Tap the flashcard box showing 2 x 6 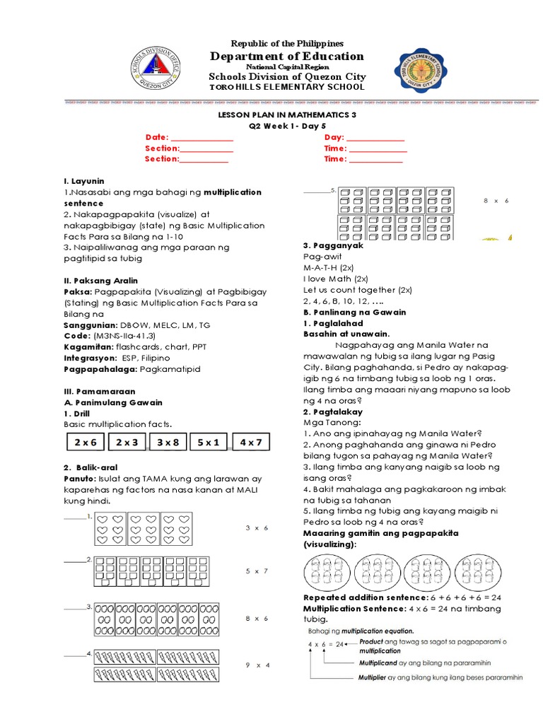(x=84, y=442)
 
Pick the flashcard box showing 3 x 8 (x=169, y=442)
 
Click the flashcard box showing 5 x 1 (x=210, y=442)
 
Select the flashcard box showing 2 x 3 (x=127, y=442)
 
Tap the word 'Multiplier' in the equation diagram (x=375, y=677)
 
